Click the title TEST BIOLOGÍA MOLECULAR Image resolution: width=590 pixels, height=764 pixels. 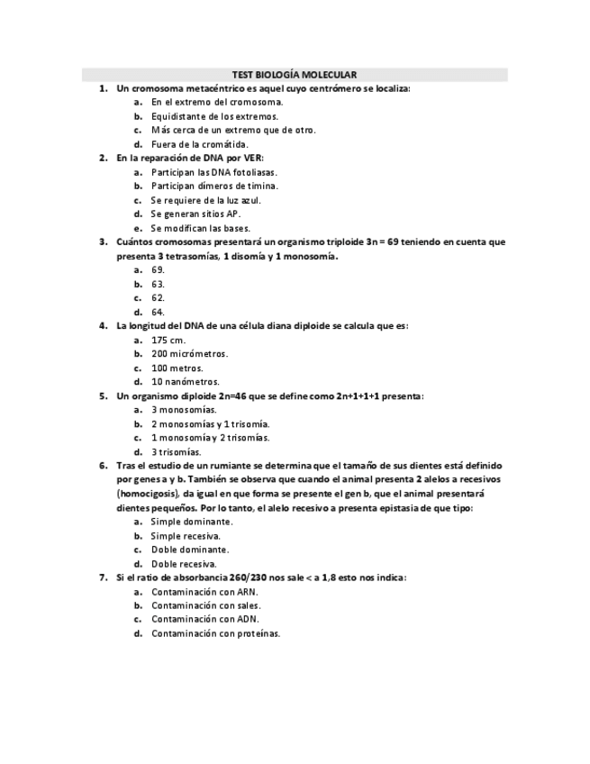click(295, 75)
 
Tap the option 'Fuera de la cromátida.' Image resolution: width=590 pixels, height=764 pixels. click(199, 144)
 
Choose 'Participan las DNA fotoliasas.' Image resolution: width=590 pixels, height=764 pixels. click(213, 172)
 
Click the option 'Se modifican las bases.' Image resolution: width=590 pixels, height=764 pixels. click(200, 228)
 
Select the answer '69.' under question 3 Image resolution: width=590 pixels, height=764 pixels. click(158, 270)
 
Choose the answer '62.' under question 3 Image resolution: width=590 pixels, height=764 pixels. click(158, 298)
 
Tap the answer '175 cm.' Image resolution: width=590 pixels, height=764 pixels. click(168, 340)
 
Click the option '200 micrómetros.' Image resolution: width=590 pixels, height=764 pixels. click(189, 354)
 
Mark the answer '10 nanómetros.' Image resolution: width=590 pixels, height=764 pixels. click(185, 382)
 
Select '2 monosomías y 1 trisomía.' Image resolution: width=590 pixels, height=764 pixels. click(210, 424)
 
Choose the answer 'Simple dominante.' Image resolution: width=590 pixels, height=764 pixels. click(191, 522)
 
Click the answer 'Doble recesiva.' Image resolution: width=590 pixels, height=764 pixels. click(184, 564)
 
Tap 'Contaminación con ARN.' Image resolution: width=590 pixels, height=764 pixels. click(204, 592)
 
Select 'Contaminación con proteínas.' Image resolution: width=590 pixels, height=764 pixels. click(215, 633)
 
